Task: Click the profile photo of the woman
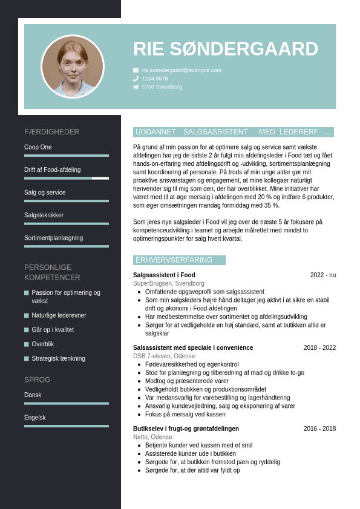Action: click(73, 67)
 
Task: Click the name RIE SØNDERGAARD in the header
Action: click(225, 49)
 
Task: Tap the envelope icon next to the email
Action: click(136, 70)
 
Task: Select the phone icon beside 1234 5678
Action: click(136, 79)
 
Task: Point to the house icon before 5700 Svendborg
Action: click(136, 87)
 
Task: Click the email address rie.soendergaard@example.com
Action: click(182, 70)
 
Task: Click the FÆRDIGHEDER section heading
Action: click(51, 132)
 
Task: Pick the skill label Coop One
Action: click(38, 147)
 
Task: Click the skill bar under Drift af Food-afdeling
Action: click(67, 179)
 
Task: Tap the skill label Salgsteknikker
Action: click(44, 215)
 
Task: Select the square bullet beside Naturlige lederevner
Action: click(27, 315)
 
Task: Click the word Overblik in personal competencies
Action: click(43, 344)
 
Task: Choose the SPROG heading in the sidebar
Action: click(37, 379)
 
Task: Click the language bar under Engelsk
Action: click(67, 426)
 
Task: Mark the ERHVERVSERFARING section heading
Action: click(174, 260)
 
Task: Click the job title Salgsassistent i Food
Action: click(164, 275)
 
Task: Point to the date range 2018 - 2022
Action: click(319, 347)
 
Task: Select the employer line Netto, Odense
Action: click(152, 437)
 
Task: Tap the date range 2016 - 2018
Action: click(319, 429)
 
